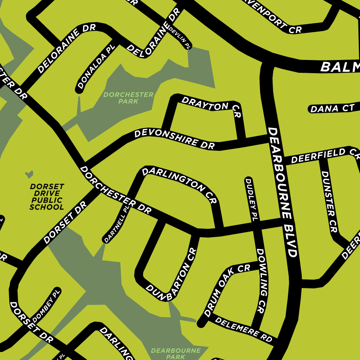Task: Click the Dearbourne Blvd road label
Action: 282,192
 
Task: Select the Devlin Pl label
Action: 180,37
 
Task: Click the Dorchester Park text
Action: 128,98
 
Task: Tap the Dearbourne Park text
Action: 176,354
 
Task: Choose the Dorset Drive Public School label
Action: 47,197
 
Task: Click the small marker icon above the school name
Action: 29,174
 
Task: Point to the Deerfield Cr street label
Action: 323,155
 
